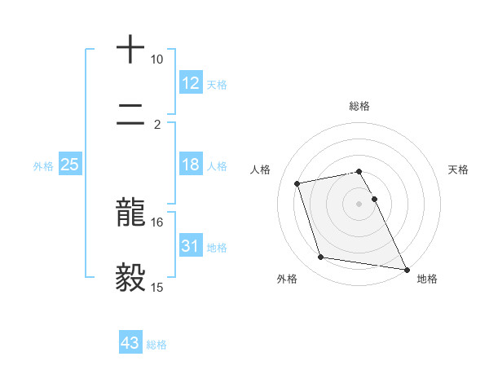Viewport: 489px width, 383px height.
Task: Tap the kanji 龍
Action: [x=130, y=214]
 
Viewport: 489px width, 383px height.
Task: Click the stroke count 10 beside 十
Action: [x=156, y=59]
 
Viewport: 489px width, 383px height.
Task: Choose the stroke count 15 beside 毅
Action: [x=156, y=287]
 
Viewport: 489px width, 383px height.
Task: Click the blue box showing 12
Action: [x=191, y=83]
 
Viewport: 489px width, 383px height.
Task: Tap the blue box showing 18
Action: [x=191, y=165]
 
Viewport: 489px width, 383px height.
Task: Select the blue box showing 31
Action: [x=191, y=246]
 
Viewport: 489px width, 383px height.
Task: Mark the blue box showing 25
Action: [x=70, y=165]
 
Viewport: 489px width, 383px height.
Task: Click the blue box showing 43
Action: [x=130, y=343]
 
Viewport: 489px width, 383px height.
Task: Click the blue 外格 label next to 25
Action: [x=43, y=165]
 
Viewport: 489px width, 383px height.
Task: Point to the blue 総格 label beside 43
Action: [x=156, y=344]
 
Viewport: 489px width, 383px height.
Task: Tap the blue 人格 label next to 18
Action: [x=217, y=165]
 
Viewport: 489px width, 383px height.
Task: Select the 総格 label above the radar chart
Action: [x=359, y=106]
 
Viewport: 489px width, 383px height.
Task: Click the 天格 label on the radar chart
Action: [x=458, y=169]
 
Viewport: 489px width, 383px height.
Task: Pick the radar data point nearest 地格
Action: [x=405, y=269]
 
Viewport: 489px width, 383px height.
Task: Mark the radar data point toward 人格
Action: [x=297, y=183]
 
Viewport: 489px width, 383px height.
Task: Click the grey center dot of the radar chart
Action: [x=359, y=203]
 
